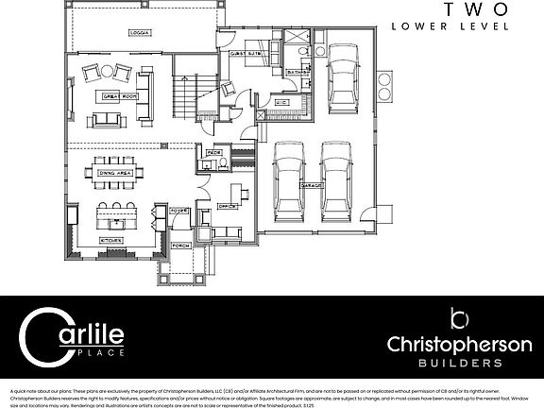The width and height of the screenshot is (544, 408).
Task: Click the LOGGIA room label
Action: click(x=141, y=33)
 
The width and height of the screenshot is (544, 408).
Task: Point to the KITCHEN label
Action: click(x=112, y=241)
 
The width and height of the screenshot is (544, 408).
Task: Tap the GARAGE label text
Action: click(x=314, y=187)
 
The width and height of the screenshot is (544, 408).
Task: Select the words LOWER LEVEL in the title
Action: click(x=450, y=26)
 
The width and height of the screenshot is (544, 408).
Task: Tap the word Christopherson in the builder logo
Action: click(x=460, y=344)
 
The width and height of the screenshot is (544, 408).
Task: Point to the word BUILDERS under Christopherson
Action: click(x=460, y=363)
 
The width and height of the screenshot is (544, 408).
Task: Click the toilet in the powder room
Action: click(x=205, y=164)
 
